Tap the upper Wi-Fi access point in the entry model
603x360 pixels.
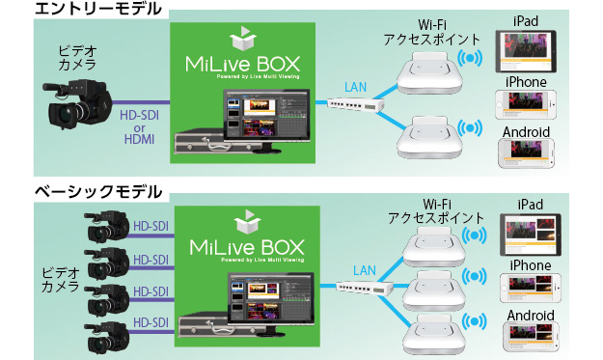pos(431,69)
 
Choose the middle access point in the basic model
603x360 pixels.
pos(431,288)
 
